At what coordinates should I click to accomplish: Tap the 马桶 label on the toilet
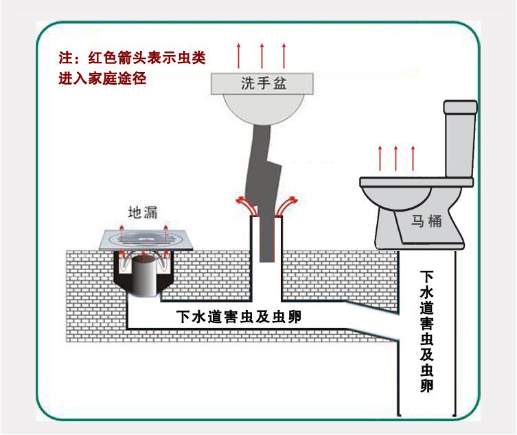coord(425,221)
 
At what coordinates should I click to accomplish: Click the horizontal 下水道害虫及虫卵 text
coord(238,317)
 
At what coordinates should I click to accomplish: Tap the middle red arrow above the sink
coord(262,55)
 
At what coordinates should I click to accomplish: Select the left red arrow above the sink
coord(239,55)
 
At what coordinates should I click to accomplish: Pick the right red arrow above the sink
coord(284,55)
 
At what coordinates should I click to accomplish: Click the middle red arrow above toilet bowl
coord(395,158)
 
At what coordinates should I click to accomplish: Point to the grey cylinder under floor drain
coord(143,278)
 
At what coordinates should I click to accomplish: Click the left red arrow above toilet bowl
coord(379,158)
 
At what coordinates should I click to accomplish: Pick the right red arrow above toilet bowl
coord(413,158)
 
